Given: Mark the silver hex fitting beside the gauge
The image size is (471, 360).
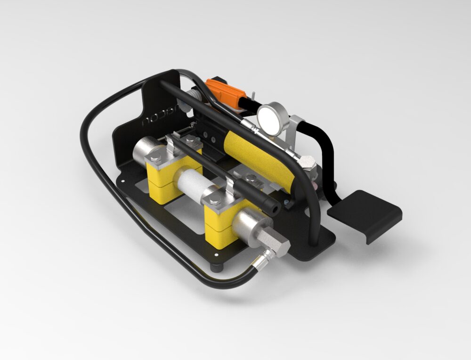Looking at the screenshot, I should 308,163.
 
